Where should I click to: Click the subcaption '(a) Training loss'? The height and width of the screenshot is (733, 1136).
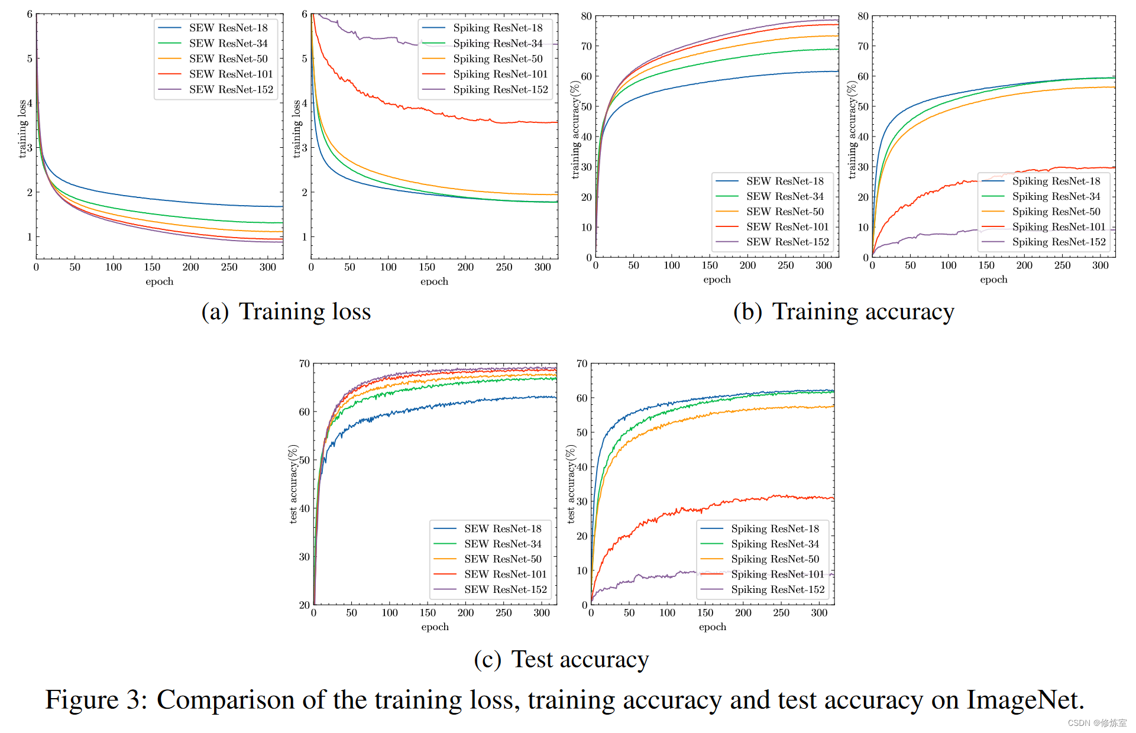tap(286, 312)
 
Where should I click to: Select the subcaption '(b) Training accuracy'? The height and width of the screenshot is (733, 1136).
tap(843, 312)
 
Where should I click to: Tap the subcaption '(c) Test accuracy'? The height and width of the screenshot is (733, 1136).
tap(561, 659)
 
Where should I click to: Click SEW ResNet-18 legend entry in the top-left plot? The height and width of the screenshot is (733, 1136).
tap(228, 28)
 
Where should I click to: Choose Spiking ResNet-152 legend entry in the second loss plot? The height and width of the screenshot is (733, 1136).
tap(500, 89)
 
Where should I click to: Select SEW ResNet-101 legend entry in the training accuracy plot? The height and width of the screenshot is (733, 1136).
tap(787, 226)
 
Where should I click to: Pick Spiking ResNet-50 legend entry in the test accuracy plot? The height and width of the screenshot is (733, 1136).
tap(775, 559)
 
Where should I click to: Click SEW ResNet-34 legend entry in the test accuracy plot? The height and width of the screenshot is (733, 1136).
tap(503, 544)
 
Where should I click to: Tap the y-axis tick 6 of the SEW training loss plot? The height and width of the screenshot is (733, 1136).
tap(30, 14)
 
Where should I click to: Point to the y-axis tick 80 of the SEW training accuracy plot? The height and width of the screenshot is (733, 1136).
tap(586, 16)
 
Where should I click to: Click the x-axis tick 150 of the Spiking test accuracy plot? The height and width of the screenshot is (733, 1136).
tap(705, 613)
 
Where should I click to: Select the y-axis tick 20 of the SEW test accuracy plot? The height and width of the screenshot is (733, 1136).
tap(304, 605)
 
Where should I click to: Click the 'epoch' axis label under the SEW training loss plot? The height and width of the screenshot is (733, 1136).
tap(160, 281)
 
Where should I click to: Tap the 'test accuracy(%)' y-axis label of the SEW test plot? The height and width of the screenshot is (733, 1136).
tap(293, 484)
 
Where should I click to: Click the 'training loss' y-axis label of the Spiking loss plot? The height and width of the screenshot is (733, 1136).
tap(297, 129)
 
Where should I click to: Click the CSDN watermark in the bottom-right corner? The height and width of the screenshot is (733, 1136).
tap(1097, 723)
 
